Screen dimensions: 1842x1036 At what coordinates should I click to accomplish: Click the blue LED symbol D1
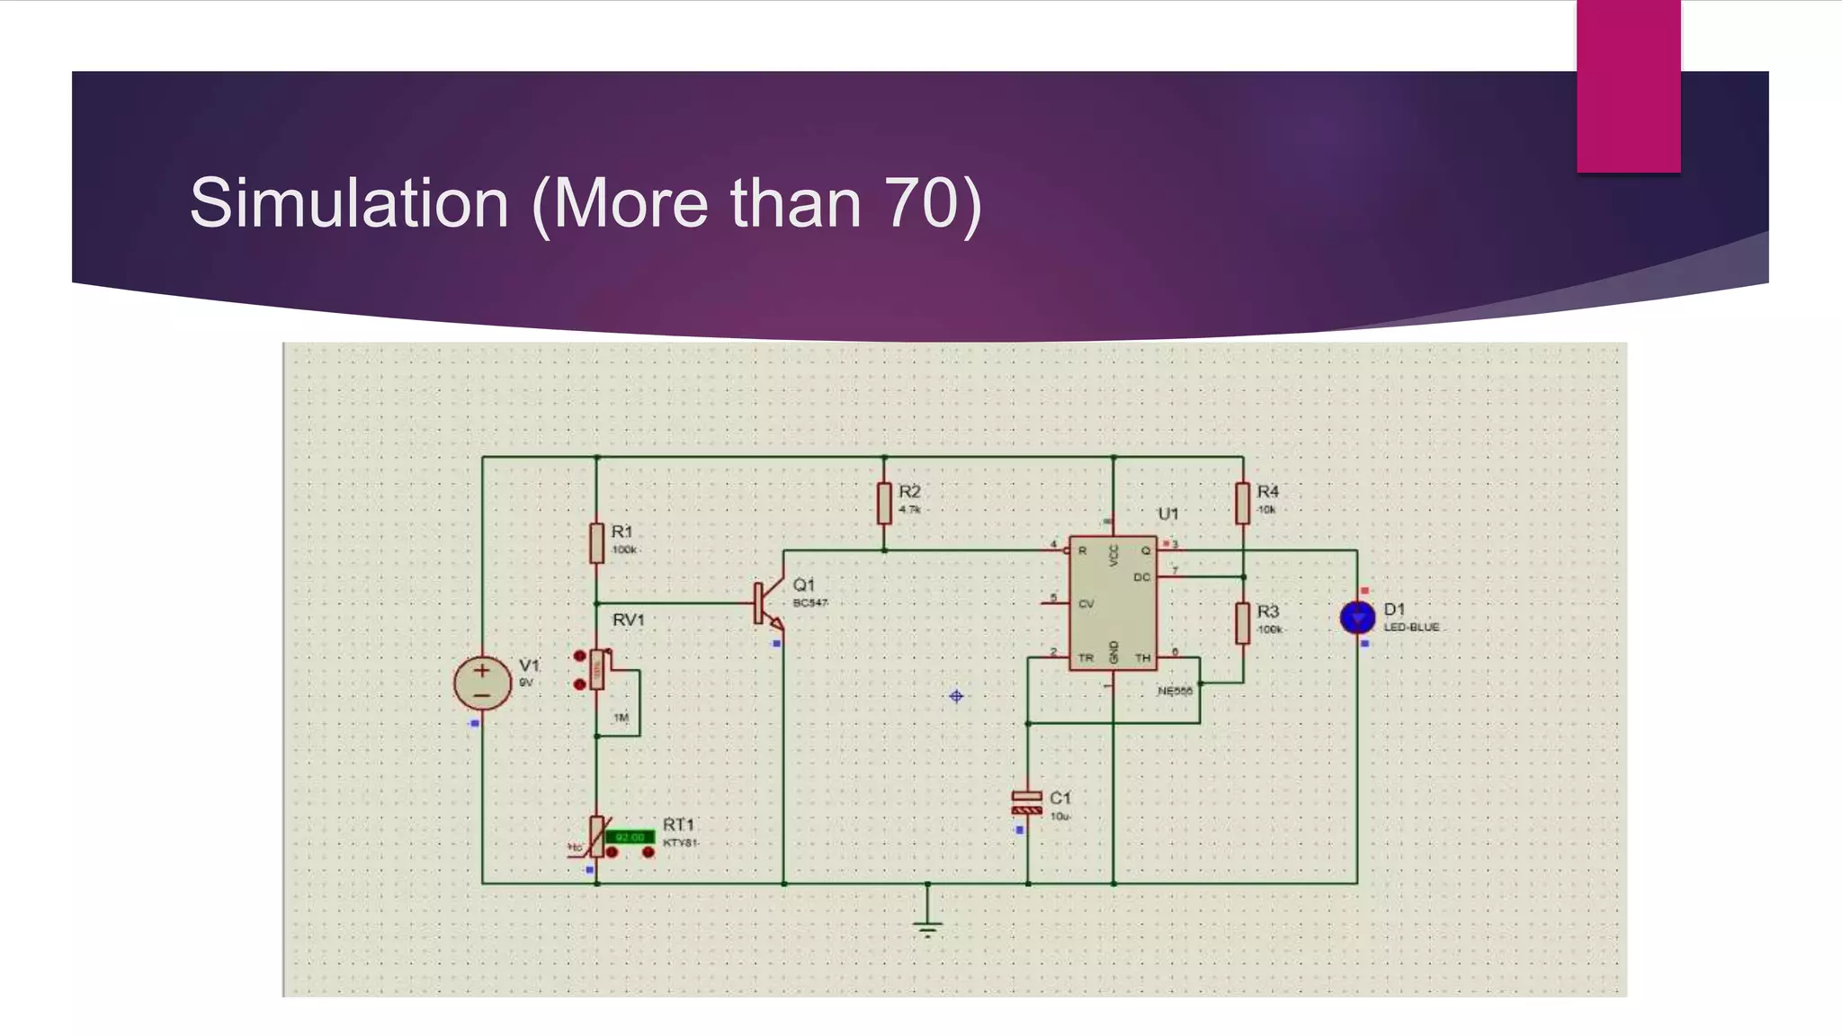tap(1357, 618)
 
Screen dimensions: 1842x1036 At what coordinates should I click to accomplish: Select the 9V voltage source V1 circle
tap(482, 683)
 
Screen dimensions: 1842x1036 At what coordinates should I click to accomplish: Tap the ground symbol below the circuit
tap(927, 926)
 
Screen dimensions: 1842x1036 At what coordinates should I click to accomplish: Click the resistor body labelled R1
tap(596, 543)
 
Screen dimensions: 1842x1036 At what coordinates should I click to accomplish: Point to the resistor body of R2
tap(884, 504)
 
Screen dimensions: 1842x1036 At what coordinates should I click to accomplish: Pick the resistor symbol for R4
tap(1242, 504)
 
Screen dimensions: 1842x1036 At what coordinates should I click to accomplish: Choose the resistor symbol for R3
tap(1242, 623)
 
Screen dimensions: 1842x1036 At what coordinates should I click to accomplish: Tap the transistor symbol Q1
tap(767, 603)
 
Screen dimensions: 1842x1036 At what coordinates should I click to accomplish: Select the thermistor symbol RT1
tap(596, 836)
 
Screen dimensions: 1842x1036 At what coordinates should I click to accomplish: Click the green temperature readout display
tap(630, 837)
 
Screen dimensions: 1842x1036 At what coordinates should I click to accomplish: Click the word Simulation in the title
tap(349, 203)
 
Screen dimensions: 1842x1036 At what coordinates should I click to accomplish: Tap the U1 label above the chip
tap(1167, 514)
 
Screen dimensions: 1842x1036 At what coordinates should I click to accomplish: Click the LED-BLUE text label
tap(1411, 628)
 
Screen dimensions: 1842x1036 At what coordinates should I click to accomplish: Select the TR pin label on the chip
tap(1086, 658)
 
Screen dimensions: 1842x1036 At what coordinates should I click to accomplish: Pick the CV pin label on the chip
tap(1086, 604)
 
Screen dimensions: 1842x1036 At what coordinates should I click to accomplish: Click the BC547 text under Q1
tap(810, 603)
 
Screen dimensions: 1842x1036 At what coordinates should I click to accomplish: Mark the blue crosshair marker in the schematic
tap(956, 696)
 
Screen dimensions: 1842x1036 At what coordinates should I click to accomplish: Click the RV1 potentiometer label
tap(628, 621)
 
